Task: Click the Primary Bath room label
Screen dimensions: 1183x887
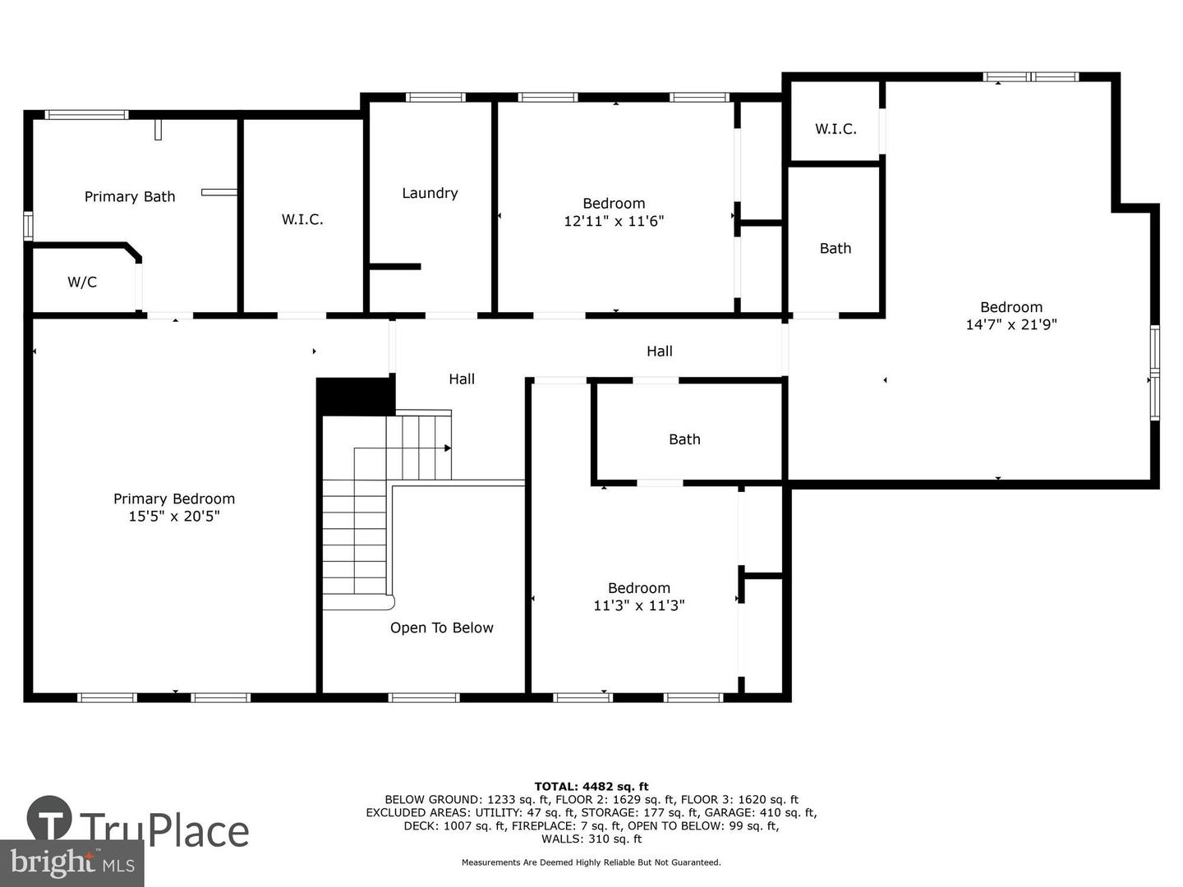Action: coord(130,196)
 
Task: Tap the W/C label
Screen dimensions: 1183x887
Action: coord(82,282)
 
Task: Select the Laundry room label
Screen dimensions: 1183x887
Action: coord(430,193)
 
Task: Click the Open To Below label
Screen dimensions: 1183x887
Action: coord(441,627)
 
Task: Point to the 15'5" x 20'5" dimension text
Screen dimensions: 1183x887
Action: coord(174,516)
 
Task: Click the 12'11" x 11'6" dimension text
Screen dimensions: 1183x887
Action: coord(614,221)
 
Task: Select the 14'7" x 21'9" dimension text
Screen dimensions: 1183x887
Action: coord(1011,324)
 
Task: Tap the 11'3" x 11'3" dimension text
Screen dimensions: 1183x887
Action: coord(638,605)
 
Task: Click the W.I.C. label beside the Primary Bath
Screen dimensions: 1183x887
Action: coord(302,219)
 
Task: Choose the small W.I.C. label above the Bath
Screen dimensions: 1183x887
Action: coord(835,129)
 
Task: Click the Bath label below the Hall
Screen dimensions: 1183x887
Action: coord(684,439)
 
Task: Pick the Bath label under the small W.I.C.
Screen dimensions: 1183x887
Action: coord(835,248)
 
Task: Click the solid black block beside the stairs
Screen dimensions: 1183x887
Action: coord(355,397)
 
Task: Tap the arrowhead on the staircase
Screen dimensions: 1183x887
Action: coord(448,448)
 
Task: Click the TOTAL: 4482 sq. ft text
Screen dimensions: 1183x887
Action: coord(591,787)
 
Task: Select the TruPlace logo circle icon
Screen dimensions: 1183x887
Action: coord(49,818)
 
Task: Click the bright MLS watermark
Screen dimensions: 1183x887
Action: coord(72,864)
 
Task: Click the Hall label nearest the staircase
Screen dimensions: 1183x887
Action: coord(462,379)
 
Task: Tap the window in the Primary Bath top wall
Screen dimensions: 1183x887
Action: coord(86,115)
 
